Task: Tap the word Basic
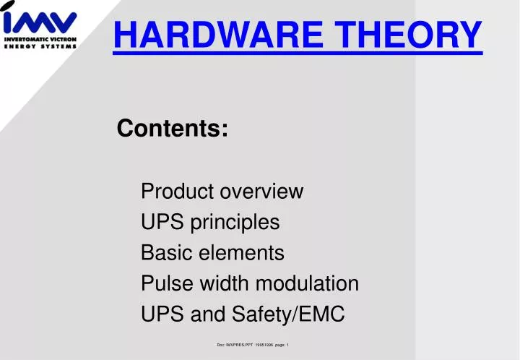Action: [x=162, y=254]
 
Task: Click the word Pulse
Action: [x=163, y=284]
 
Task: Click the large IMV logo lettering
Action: [x=40, y=18]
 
